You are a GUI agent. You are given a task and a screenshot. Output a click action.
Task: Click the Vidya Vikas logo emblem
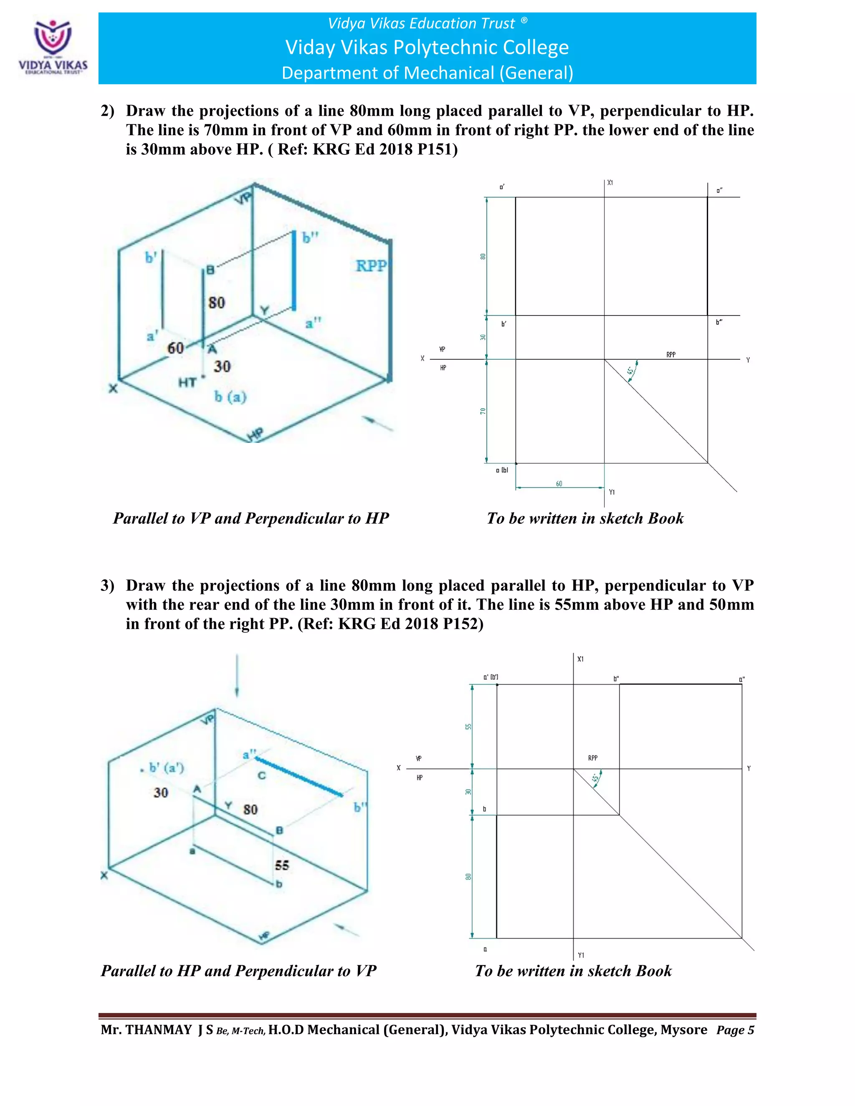click(x=53, y=38)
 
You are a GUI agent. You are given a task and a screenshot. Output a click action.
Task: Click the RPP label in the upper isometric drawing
click(x=371, y=266)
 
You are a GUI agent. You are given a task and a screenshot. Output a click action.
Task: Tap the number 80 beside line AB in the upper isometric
click(x=217, y=303)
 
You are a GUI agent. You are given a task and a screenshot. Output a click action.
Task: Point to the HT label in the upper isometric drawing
click(x=187, y=383)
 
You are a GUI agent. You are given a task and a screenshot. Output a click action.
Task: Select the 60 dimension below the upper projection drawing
click(x=559, y=484)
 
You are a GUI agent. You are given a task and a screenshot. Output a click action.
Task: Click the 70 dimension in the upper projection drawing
click(x=483, y=411)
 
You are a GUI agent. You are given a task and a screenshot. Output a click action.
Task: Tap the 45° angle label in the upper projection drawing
click(x=630, y=371)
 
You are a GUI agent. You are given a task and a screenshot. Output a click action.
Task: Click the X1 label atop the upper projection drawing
click(x=610, y=183)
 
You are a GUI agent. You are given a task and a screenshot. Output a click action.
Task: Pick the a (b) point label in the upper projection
click(x=502, y=470)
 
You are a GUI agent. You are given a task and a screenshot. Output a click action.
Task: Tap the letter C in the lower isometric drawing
click(x=261, y=775)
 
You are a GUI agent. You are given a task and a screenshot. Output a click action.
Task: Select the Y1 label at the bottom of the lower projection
click(x=581, y=955)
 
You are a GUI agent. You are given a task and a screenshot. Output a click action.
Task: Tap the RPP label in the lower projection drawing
click(x=593, y=758)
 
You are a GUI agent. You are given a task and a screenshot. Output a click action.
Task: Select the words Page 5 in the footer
click(x=735, y=1030)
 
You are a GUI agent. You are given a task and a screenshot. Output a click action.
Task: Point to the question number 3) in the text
click(x=107, y=586)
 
